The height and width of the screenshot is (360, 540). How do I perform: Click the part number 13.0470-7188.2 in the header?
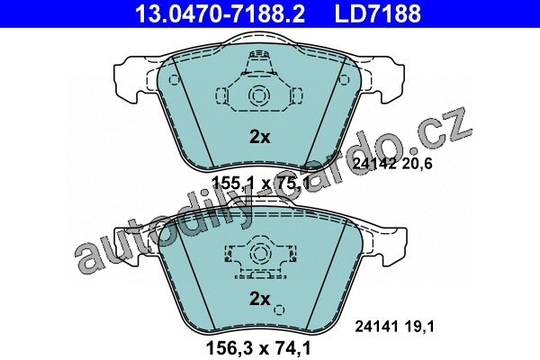pos(220,13)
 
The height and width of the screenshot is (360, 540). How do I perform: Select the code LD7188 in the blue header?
pos(378,13)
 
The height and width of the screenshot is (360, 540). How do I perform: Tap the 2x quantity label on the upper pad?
pos(260,137)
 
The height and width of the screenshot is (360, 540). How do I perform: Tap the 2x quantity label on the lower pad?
pos(260,299)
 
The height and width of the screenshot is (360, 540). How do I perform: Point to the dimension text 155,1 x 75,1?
pos(261,183)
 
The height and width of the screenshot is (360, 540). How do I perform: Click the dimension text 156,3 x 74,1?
pos(258,347)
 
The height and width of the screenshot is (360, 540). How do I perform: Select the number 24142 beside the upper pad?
pos(374,164)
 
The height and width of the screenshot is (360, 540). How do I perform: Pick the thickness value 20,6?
pos(417,164)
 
